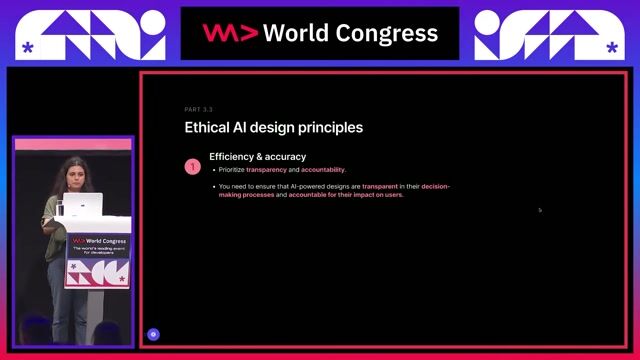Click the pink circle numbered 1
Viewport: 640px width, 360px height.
pos(193,167)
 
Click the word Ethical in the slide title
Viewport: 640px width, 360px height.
pos(208,128)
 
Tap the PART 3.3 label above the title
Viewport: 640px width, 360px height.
pos(199,109)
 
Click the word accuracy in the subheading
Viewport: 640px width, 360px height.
pos(285,156)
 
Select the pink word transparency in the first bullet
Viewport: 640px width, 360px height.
pos(268,170)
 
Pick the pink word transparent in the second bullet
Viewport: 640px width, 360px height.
pos(381,186)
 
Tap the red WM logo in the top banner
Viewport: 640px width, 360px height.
pos(230,33)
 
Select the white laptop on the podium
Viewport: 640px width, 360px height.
pos(89,205)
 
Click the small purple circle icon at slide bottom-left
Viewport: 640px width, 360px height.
pos(153,334)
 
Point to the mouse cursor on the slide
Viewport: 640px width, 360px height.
pos(540,210)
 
